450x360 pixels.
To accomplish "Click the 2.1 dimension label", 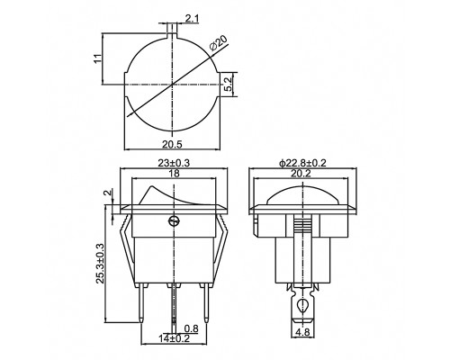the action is (192, 19).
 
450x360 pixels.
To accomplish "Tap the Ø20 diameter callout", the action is (219, 43).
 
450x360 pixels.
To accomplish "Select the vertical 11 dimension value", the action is (97, 58).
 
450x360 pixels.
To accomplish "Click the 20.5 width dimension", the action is (173, 144).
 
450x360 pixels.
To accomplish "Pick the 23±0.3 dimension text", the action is (174, 163).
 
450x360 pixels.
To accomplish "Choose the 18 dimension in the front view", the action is (174, 174).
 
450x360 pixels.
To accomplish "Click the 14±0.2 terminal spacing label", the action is (175, 338).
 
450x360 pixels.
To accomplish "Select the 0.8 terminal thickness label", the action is (191, 328).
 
